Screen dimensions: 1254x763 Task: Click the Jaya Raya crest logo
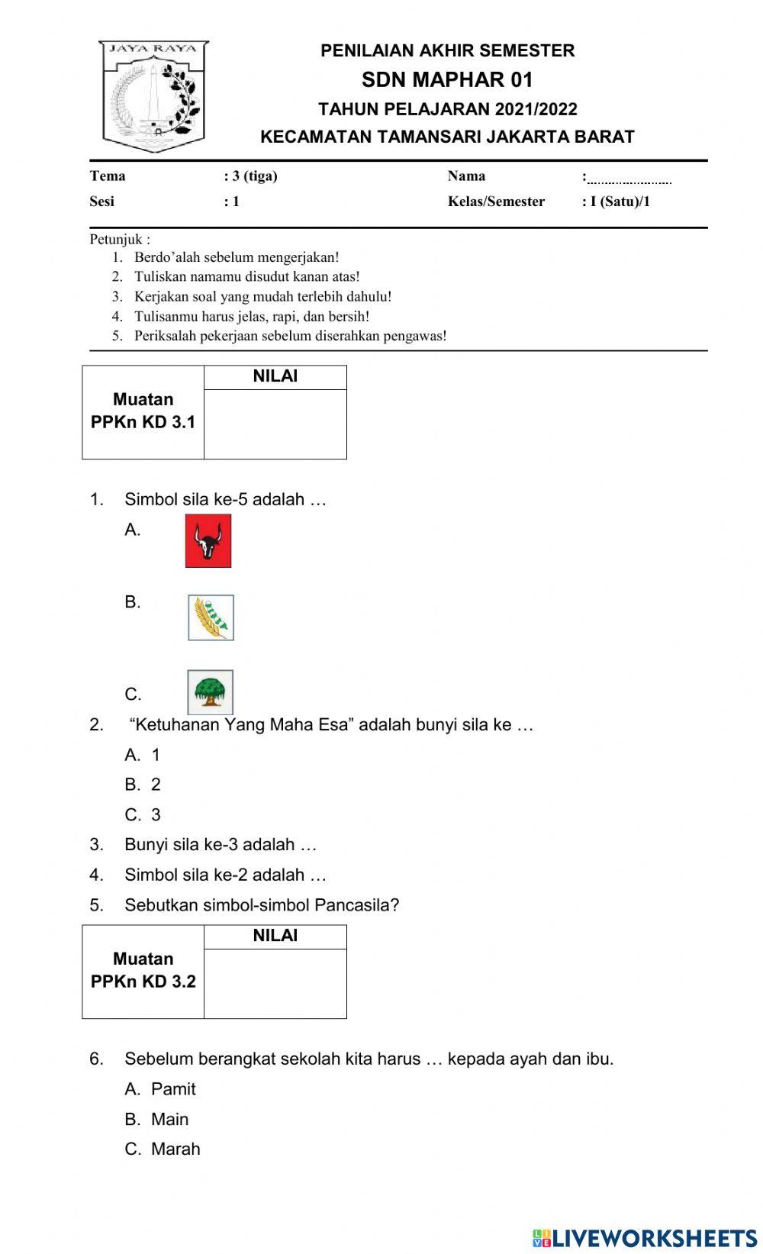153,96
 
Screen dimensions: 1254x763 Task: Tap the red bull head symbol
208,540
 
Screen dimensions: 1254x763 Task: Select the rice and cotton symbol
211,617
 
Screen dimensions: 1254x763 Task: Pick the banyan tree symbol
210,691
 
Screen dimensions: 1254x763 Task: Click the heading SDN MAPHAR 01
447,79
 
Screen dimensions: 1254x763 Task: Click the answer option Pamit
173,1089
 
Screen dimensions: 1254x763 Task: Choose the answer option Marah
175,1149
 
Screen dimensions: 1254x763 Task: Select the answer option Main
169,1119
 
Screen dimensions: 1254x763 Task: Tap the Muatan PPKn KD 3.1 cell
143,411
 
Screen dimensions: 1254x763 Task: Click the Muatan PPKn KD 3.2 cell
143,971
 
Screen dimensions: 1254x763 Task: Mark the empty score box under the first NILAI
275,424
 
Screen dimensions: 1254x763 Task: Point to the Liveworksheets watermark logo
645,1238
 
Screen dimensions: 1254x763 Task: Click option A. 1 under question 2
143,755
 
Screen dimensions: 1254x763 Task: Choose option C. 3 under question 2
143,814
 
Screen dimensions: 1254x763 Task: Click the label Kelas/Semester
496,201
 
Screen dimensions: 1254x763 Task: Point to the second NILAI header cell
275,936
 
